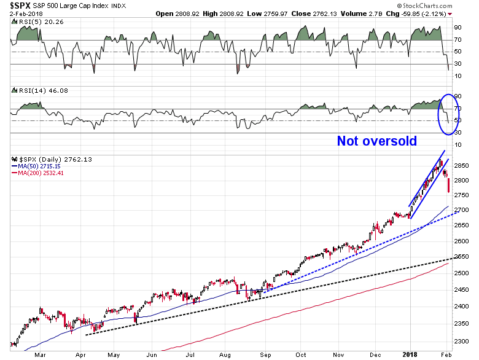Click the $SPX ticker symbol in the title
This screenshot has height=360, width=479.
click(14, 5)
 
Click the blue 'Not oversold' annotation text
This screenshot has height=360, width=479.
click(376, 141)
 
